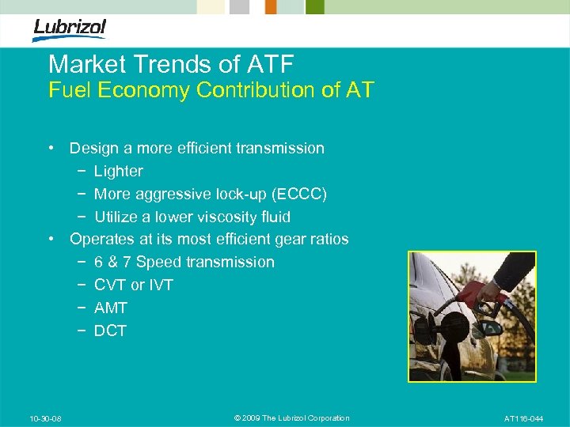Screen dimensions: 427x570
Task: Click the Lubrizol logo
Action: (x=69, y=29)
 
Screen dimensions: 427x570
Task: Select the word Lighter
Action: (x=119, y=171)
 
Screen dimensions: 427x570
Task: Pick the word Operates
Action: (x=101, y=239)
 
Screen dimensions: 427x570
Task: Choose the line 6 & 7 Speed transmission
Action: (x=184, y=262)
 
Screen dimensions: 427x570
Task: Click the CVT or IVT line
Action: (x=133, y=285)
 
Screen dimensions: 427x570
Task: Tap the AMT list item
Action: (x=111, y=308)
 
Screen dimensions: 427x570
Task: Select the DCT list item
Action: (x=110, y=331)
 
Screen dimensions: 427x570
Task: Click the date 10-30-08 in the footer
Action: (x=45, y=418)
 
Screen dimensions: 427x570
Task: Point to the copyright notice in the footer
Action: (x=292, y=418)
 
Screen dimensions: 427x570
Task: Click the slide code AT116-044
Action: (x=524, y=418)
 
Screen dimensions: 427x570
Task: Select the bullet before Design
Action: (x=50, y=148)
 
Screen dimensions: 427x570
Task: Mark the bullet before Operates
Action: (x=50, y=239)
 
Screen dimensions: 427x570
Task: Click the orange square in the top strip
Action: (x=271, y=6)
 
